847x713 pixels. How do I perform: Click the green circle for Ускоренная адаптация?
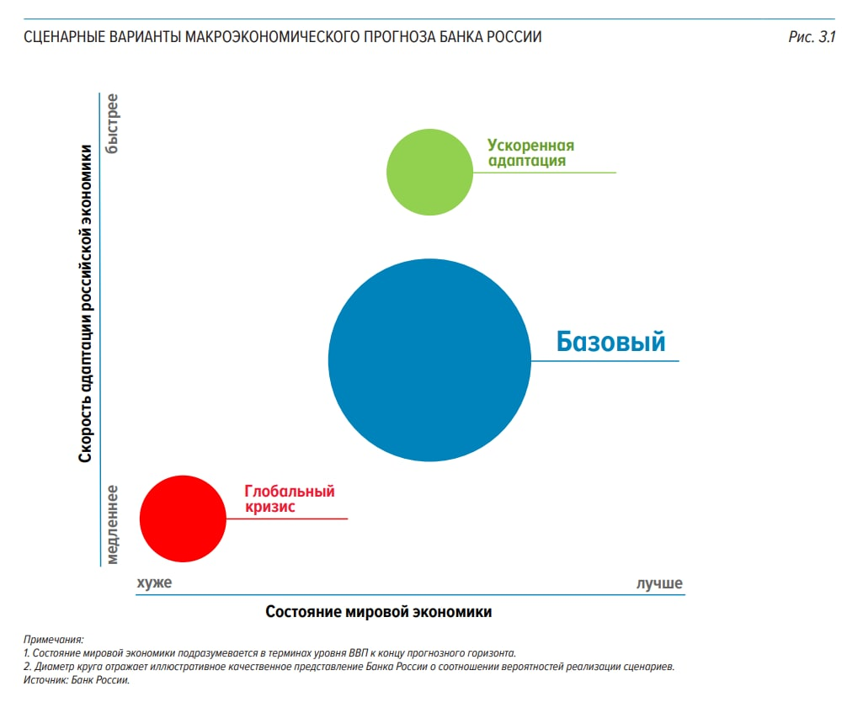pos(429,172)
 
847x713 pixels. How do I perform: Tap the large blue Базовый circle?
pos(429,360)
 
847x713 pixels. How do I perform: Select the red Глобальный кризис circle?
pos(183,518)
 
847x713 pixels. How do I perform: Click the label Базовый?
pos(610,342)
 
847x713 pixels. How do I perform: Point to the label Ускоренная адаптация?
pos(530,152)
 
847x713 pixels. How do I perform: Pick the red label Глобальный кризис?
pos(289,499)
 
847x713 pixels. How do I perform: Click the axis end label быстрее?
pos(112,124)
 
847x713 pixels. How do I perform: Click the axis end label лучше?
pos(659,583)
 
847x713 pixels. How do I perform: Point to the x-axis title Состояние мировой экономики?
pos(378,612)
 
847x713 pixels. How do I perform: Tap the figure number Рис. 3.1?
pos(811,37)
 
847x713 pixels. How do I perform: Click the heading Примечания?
pos(55,641)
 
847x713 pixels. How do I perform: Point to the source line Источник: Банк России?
pos(77,680)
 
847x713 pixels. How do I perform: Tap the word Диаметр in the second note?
pos(54,667)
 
